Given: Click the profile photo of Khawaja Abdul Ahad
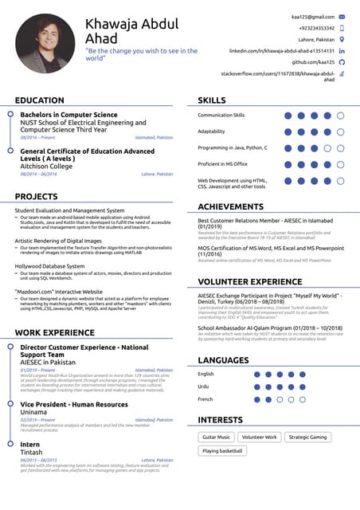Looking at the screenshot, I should click(45, 43).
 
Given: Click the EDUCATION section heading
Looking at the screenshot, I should click(40, 100).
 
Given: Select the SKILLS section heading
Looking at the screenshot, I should click(212, 100).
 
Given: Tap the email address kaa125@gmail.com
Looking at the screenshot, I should click(313, 16).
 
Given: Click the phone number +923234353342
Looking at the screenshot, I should click(312, 28).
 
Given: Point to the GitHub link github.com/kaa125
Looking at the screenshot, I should click(313, 61).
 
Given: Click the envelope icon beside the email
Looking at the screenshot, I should click(342, 16).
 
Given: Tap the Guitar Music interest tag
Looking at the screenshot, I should click(216, 437).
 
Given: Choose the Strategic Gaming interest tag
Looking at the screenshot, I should click(307, 437).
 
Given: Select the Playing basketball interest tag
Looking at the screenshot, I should click(222, 451).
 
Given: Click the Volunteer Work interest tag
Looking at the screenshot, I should click(260, 437).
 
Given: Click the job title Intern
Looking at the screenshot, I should click(30, 444).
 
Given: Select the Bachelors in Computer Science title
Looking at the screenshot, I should click(68, 116).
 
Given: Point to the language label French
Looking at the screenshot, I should click(205, 398).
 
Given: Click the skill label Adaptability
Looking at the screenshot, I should click(211, 131).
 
